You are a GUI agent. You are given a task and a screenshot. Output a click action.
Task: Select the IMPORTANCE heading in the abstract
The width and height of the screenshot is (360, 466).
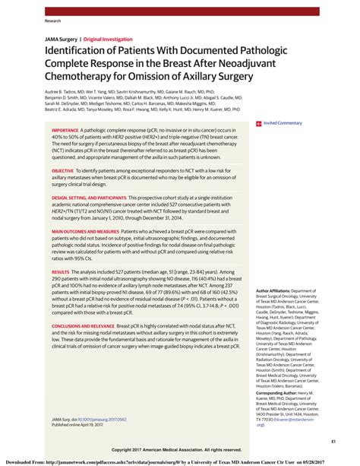pos(70,130)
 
